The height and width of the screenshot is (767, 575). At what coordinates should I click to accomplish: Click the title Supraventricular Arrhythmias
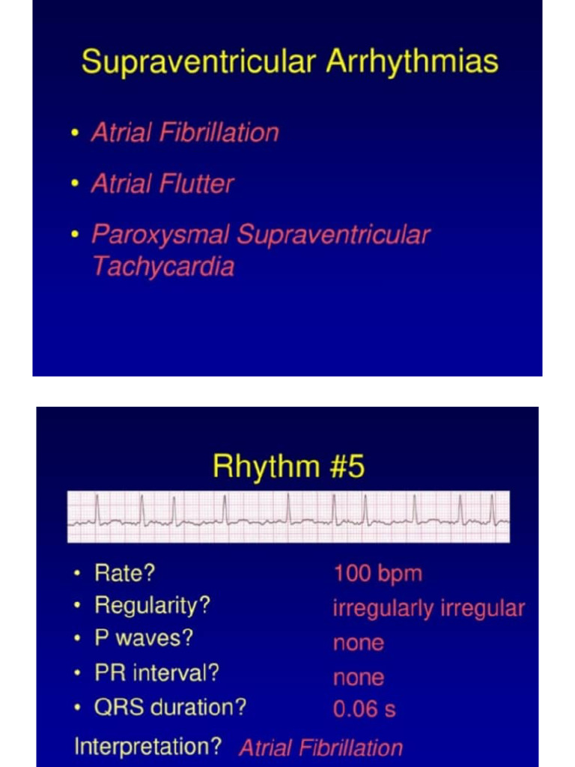coord(290,61)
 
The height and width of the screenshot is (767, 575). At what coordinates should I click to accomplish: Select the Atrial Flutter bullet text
coord(162,184)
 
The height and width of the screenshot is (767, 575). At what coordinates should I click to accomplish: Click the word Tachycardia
coord(162,267)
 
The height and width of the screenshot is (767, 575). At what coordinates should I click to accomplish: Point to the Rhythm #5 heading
coord(288,467)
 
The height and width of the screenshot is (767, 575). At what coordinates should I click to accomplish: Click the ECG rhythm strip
coord(288,516)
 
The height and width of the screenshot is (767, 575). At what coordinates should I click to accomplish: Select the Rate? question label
coord(124,574)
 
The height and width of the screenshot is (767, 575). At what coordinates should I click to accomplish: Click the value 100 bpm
coord(377,575)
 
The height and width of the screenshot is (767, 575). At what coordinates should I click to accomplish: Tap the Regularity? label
coord(152,605)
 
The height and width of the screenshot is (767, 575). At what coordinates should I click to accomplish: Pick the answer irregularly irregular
coord(428,608)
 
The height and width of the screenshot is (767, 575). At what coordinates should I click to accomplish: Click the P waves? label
coord(143,638)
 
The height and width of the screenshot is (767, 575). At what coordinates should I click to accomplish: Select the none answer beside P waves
coord(358,643)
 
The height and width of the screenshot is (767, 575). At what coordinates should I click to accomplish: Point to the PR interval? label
coord(156,673)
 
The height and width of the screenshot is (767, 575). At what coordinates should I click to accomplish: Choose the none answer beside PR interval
coord(358,677)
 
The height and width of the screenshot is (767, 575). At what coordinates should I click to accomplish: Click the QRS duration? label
coord(170,707)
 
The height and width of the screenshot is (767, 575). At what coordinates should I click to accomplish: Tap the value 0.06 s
coord(364,709)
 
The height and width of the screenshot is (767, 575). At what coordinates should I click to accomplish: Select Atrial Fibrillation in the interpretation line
coord(320,748)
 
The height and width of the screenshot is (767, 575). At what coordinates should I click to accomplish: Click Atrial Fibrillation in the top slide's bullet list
coord(185,133)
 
